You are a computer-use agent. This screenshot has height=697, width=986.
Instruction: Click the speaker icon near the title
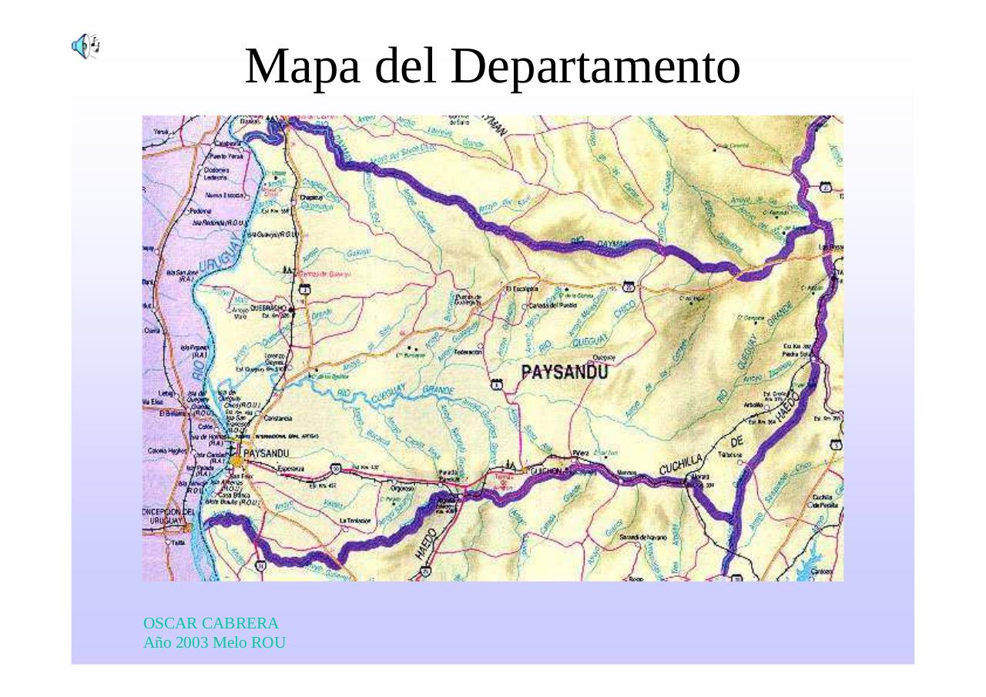coord(85,46)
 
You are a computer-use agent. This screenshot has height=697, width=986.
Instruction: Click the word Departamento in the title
coord(595,66)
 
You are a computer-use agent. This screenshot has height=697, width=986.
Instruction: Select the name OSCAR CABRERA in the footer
coord(210,623)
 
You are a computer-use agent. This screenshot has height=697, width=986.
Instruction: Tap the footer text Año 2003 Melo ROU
coord(214,642)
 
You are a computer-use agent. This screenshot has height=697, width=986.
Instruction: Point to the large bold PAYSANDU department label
coord(565,373)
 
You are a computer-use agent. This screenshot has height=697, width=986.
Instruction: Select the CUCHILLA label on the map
coord(680,464)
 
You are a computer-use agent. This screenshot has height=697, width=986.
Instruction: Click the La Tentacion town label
coord(356,521)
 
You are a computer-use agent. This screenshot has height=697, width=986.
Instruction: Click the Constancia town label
coord(277,419)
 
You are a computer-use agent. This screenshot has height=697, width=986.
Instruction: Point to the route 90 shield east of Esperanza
coord(335,467)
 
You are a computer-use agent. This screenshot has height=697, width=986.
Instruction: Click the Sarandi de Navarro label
coord(642,536)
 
